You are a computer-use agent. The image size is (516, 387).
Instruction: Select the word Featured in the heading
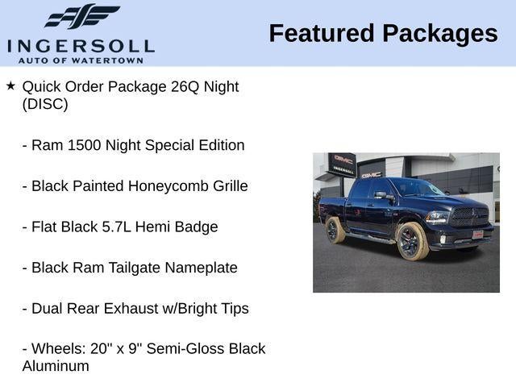click(322, 33)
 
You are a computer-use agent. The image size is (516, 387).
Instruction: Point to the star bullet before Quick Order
click(10, 85)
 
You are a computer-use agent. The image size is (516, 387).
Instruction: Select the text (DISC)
click(45, 104)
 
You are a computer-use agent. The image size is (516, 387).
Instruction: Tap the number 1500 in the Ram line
click(85, 145)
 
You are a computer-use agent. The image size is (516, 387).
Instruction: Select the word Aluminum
click(56, 366)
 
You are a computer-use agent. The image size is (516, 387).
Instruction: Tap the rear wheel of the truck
click(335, 231)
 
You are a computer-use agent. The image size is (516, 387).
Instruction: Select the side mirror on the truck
click(380, 196)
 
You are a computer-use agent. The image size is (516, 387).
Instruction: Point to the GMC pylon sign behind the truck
click(342, 166)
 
